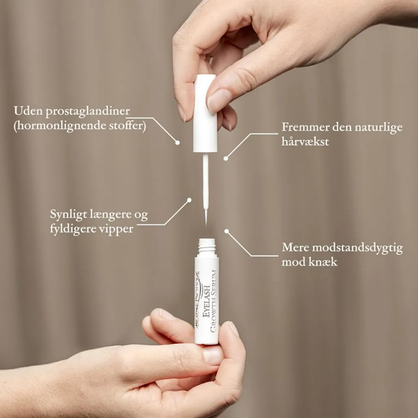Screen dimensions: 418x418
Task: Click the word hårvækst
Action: click(x=305, y=141)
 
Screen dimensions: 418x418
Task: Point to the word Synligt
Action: click(x=68, y=215)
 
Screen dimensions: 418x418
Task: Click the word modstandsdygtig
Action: click(x=358, y=248)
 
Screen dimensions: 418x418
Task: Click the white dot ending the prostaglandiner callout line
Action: click(x=177, y=142)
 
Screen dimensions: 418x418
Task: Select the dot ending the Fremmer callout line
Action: click(x=226, y=158)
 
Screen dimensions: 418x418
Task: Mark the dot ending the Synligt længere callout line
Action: click(x=189, y=200)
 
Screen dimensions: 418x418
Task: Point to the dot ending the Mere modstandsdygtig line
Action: click(x=227, y=231)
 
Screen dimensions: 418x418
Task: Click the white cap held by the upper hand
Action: click(x=205, y=113)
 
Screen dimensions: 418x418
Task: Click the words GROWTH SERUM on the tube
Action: click(x=213, y=301)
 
